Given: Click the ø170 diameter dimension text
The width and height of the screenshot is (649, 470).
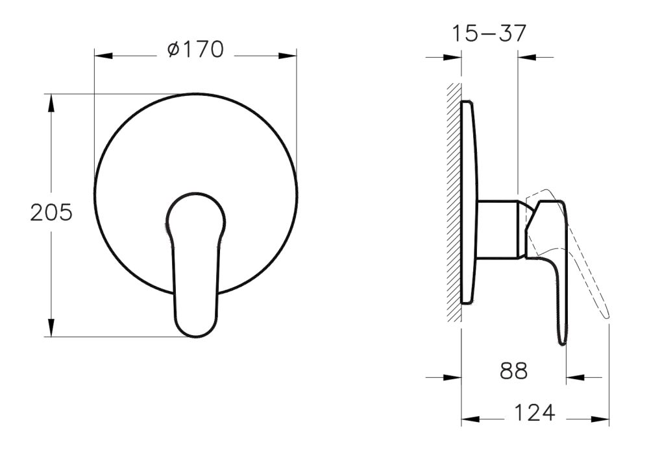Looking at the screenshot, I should click(x=195, y=50).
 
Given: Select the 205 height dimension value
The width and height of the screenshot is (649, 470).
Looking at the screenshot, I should click(x=51, y=213).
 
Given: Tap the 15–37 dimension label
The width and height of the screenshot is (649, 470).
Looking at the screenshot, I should click(x=490, y=33).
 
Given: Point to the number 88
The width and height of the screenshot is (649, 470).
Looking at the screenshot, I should click(x=513, y=371).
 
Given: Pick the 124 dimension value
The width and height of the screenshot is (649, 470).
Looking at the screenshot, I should click(x=535, y=413).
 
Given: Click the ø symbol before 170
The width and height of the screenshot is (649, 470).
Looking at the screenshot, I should click(x=173, y=51).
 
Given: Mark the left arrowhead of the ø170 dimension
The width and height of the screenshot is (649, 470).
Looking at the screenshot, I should click(x=103, y=56).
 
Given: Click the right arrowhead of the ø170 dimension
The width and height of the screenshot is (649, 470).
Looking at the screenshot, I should click(x=288, y=56).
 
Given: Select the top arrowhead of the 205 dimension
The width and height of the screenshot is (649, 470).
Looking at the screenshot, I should click(x=51, y=102).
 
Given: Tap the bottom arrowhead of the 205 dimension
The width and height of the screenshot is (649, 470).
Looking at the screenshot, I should click(x=51, y=328).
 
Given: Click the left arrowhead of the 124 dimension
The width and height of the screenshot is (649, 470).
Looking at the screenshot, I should click(x=470, y=420).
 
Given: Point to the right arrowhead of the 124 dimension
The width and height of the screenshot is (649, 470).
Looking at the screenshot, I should click(x=600, y=420).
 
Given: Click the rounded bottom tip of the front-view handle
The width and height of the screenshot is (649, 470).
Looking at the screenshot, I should click(x=195, y=331).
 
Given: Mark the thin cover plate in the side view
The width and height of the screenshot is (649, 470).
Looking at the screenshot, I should click(x=469, y=201).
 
